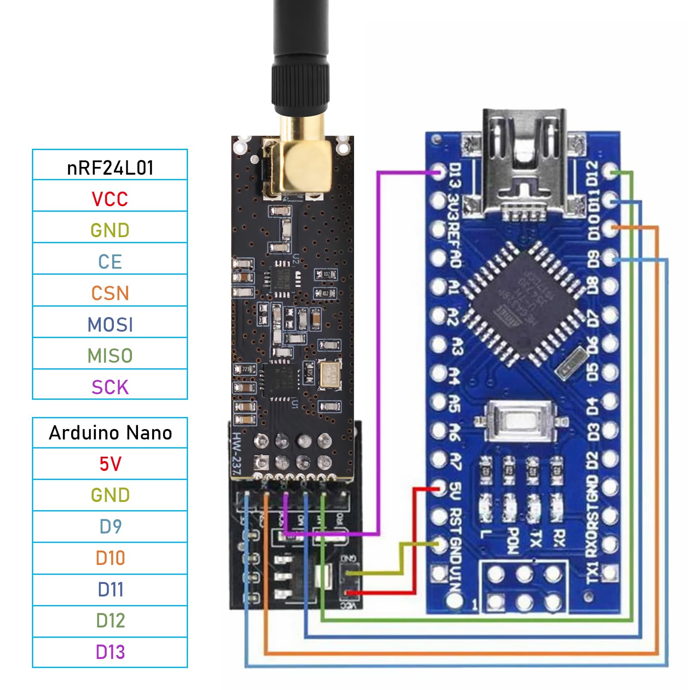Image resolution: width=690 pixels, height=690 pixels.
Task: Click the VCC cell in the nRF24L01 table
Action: [x=110, y=199]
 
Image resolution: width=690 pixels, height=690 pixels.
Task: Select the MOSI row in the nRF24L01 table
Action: [x=110, y=324]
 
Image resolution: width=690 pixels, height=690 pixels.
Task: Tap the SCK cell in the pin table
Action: [x=110, y=387]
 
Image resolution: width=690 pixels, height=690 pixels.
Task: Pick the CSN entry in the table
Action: [x=110, y=293]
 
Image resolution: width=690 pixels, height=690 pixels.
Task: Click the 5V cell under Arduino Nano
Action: [x=110, y=464]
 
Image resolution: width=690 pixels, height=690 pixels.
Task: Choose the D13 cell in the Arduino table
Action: [x=110, y=652]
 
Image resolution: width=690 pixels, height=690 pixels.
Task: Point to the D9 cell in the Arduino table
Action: [x=110, y=527]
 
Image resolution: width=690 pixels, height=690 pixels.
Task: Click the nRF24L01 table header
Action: [x=110, y=167]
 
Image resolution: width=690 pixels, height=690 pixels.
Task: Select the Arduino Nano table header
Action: [x=110, y=433]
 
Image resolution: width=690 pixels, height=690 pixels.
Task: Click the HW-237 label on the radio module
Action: [x=236, y=455]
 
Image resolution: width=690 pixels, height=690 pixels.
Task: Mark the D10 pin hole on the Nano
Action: [x=610, y=228]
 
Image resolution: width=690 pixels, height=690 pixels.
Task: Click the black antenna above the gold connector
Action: [x=301, y=52]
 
